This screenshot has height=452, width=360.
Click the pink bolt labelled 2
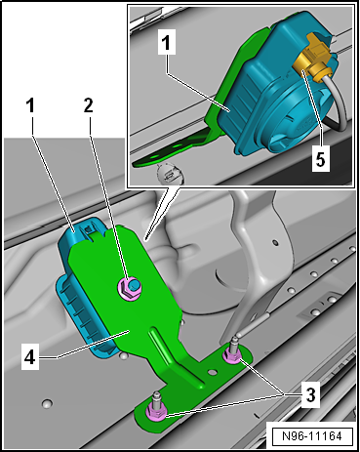tap(129, 287)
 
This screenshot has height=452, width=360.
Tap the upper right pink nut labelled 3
tap(232, 356)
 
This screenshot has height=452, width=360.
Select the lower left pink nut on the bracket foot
tap(156, 414)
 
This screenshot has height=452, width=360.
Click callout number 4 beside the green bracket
tap(30, 358)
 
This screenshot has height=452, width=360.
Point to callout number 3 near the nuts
tap(311, 394)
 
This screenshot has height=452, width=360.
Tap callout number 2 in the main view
tap(89, 105)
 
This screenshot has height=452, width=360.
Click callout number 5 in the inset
tap(321, 159)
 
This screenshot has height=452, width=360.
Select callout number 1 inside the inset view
tap(167, 42)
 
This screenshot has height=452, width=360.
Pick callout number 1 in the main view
tap(30, 105)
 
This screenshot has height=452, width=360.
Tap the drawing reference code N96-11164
tap(312, 436)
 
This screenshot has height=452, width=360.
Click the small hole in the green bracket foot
tap(212, 371)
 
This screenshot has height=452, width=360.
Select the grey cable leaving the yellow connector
tap(339, 107)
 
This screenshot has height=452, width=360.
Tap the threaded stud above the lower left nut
tap(157, 399)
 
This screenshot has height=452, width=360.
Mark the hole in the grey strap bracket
tap(275, 242)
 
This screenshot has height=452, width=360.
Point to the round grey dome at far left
tap(47, 403)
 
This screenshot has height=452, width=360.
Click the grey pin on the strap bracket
tap(252, 325)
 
